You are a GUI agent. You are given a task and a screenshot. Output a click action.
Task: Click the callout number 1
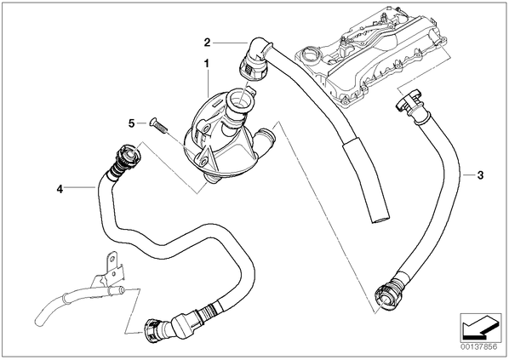[207, 64]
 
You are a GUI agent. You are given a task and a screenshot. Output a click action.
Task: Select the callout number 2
[207, 43]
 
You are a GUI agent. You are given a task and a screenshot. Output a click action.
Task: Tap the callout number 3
[480, 175]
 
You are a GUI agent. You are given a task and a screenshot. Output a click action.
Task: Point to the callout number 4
[60, 189]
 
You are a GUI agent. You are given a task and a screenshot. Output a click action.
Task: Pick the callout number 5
[131, 123]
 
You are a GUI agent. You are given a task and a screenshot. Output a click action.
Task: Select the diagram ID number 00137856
[478, 347]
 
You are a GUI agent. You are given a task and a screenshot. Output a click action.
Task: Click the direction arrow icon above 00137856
[480, 329]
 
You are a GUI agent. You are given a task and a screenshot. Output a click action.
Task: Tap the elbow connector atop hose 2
[254, 60]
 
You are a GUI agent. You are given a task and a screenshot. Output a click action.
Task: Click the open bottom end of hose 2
[381, 220]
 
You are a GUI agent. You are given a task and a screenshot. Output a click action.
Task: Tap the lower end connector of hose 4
[156, 330]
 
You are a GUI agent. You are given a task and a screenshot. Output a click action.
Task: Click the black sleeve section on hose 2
[365, 179]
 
